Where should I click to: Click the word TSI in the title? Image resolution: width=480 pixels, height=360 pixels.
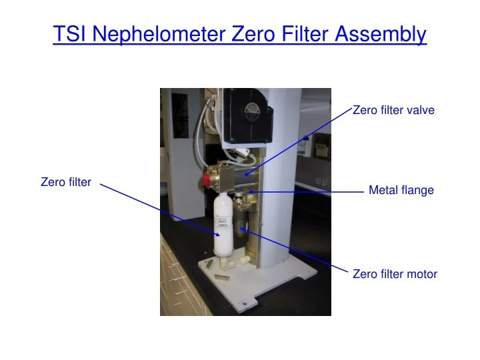69,33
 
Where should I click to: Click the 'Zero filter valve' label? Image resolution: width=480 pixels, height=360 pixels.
393,111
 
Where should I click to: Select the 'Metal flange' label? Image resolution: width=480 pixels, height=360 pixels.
401,191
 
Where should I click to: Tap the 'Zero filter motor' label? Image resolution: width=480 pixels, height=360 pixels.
394,273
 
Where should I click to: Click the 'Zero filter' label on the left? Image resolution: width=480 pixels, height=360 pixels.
66,181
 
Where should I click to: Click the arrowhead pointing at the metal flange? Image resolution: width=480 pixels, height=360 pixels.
251,191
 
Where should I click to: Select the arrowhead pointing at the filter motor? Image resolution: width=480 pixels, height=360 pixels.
244,229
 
